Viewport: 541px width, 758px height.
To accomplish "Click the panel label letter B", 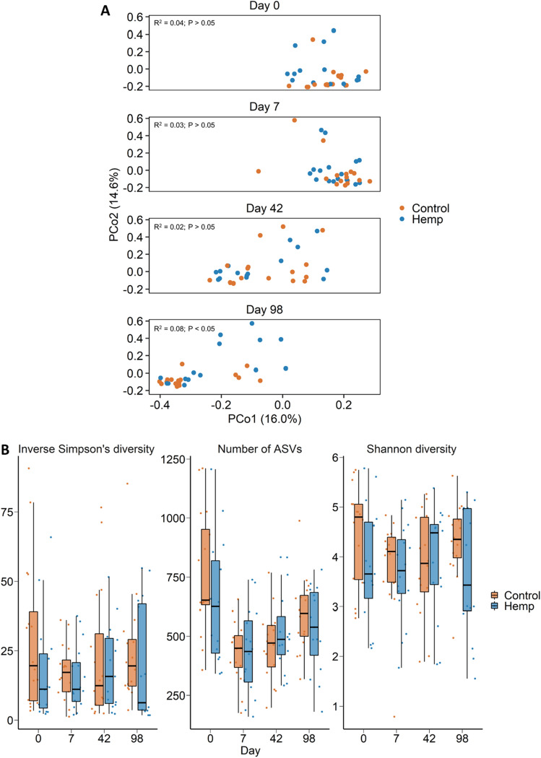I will (7, 449).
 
